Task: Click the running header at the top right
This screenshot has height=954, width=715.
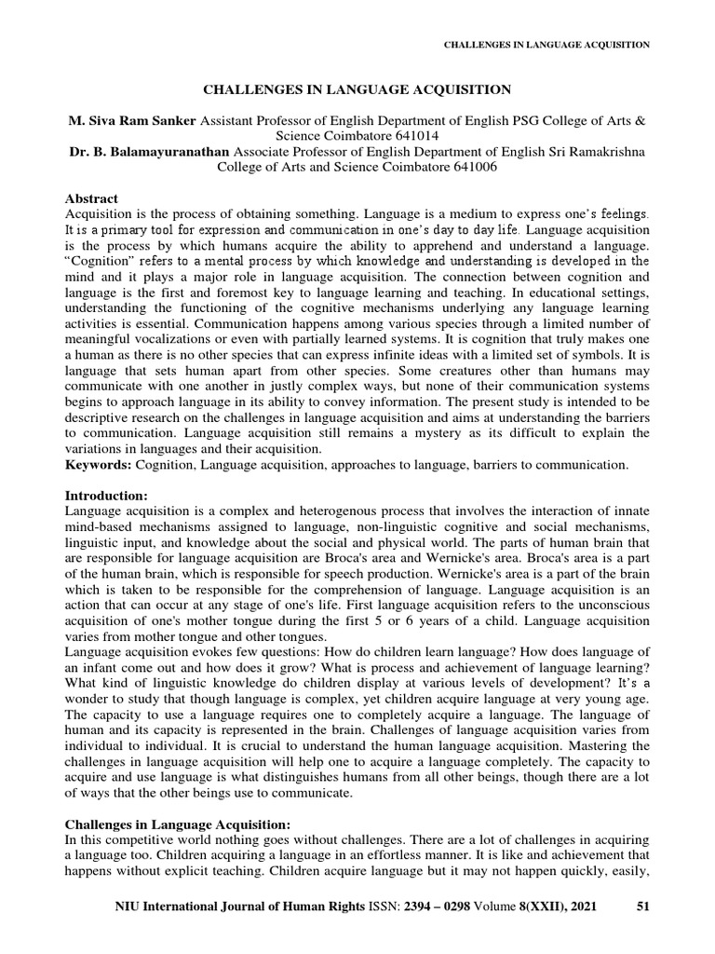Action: [x=546, y=44]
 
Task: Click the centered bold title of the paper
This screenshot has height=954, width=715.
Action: [x=357, y=89]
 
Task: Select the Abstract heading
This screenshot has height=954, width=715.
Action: [x=91, y=198]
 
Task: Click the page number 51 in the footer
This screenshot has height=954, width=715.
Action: [x=641, y=905]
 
